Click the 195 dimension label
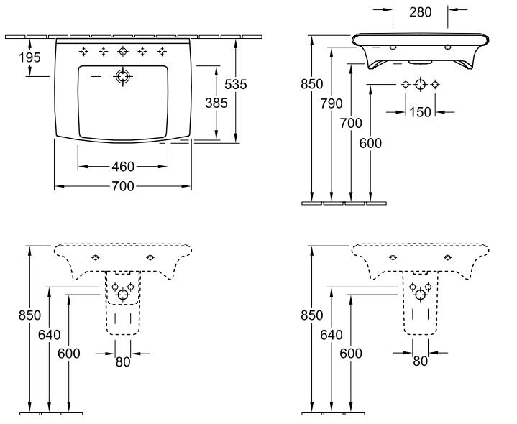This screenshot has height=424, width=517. tap(29, 57)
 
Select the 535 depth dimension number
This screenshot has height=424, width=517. tap(235, 85)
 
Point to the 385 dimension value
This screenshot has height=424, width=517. tap(216, 103)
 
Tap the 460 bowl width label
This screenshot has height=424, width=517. tap(123, 167)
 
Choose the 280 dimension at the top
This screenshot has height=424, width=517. tap(421, 12)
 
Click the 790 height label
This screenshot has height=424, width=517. tap(331, 103)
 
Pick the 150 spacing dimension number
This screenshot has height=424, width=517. tap(420, 112)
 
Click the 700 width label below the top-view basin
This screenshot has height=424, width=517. tap(123, 186)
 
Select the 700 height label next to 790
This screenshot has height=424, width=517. tap(351, 123)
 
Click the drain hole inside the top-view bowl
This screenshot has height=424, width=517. tap(123, 76)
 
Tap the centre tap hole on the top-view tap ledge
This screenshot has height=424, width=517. tap(123, 52)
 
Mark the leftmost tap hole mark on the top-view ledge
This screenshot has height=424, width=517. tap(83, 52)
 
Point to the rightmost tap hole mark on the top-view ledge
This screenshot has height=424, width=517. tap(162, 52)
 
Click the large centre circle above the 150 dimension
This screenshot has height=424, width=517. tap(420, 84)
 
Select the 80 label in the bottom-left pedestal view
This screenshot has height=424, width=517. tap(123, 362)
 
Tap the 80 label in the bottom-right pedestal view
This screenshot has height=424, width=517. tap(420, 361)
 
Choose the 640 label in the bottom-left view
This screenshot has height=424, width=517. tap(50, 335)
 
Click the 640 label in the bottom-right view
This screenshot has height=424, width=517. tap(331, 335)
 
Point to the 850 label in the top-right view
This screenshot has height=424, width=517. tap(311, 84)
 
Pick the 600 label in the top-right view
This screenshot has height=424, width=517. tap(370, 143)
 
